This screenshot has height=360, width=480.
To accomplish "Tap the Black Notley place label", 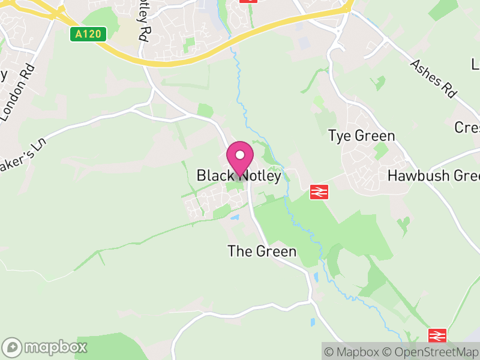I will (x=239, y=176).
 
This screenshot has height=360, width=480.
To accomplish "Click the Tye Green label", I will (x=362, y=136).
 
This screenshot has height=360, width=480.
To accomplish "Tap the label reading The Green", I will (x=262, y=251).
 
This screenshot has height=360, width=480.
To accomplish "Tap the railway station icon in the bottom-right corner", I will (x=437, y=335).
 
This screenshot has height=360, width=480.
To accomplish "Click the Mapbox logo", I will (x=45, y=347).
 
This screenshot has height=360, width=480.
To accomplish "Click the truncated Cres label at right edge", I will (x=467, y=128).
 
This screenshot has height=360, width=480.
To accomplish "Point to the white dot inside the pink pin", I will (x=239, y=155).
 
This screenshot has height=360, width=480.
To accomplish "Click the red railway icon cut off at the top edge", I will (x=248, y=1).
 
